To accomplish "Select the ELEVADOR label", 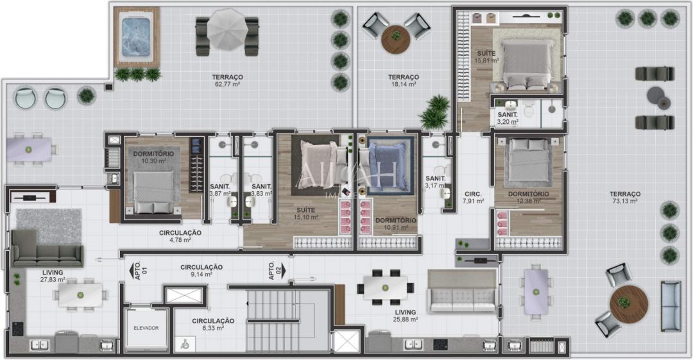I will click(x=146, y=328).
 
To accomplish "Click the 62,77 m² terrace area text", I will click(x=227, y=81).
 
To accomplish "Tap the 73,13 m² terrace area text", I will click(x=624, y=198).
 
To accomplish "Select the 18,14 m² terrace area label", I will click(x=403, y=81).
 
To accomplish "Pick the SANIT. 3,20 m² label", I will click(x=508, y=117).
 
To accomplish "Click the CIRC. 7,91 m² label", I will click(x=473, y=198).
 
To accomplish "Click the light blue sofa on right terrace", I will click(x=671, y=306).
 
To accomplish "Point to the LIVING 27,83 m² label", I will click(x=52, y=276).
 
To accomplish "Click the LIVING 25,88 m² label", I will click(x=406, y=316).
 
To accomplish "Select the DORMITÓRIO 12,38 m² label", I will click(x=528, y=198).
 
